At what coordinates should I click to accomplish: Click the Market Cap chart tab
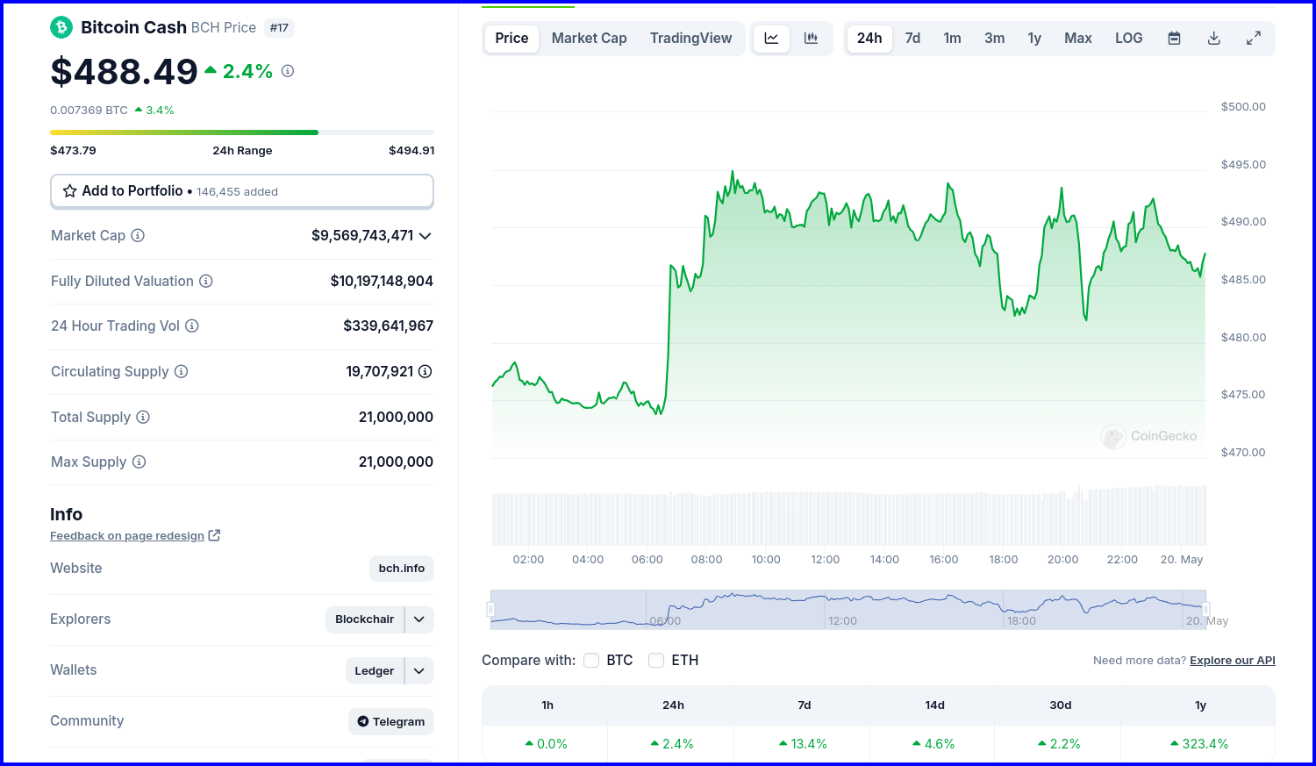click(x=589, y=39)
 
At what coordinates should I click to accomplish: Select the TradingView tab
click(x=691, y=39)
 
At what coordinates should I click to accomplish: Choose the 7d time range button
click(x=912, y=39)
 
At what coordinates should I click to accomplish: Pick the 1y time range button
click(x=1034, y=39)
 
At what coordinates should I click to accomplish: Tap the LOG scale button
click(x=1128, y=39)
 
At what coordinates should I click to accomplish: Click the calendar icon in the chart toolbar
click(x=1174, y=39)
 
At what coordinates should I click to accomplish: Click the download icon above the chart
click(x=1213, y=39)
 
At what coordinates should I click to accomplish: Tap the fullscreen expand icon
click(x=1253, y=39)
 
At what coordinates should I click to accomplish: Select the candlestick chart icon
click(x=811, y=39)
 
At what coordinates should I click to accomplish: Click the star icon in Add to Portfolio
click(x=69, y=191)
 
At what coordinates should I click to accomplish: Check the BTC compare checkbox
click(x=591, y=660)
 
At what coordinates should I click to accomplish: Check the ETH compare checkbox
click(x=655, y=660)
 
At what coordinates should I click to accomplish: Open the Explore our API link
click(x=1232, y=660)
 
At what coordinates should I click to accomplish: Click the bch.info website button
click(x=401, y=568)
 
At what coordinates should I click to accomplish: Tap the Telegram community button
click(x=390, y=721)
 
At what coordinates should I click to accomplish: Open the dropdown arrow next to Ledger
click(x=418, y=671)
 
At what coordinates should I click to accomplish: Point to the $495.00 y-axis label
click(x=1243, y=164)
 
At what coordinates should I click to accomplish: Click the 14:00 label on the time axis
click(x=884, y=559)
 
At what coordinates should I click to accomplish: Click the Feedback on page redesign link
click(x=127, y=536)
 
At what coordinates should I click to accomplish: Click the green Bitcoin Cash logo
click(x=61, y=27)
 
